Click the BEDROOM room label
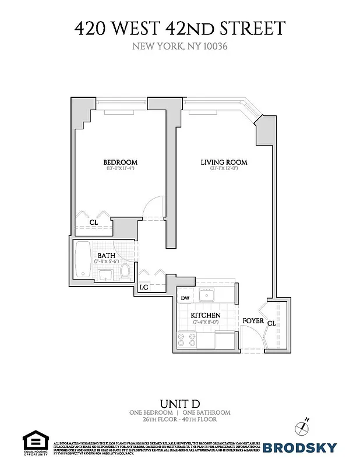pyautogui.click(x=120, y=162)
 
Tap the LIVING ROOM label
pyautogui.click(x=224, y=162)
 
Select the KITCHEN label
pyautogui.click(x=206, y=315)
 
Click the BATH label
pyautogui.click(x=106, y=255)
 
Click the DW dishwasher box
pyautogui.click(x=185, y=299)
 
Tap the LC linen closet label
pyautogui.click(x=144, y=287)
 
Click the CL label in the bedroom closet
pyautogui.click(x=93, y=223)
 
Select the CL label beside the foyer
pyautogui.click(x=271, y=322)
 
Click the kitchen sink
pyautogui.click(x=207, y=295)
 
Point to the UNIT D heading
pyautogui.click(x=179, y=403)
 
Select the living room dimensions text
pyautogui.click(x=224, y=170)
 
